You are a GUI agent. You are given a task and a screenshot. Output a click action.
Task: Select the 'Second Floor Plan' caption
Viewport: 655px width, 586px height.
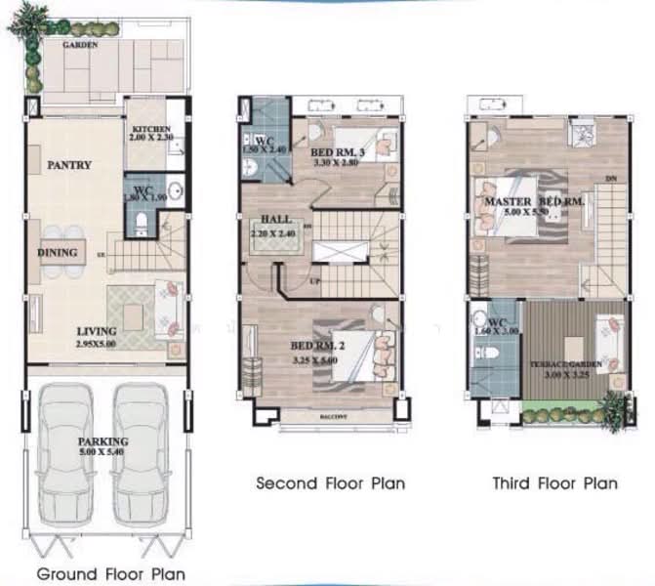(x=330, y=482)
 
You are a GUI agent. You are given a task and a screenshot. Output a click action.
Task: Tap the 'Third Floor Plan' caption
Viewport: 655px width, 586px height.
(x=553, y=482)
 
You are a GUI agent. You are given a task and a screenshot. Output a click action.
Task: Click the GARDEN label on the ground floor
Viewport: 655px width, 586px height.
(x=79, y=45)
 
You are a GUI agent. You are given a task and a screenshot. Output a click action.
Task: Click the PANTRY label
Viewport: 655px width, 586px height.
(x=69, y=165)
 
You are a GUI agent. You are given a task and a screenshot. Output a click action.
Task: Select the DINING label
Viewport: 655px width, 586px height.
(x=58, y=253)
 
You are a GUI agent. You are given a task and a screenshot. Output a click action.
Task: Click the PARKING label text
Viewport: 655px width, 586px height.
(x=103, y=441)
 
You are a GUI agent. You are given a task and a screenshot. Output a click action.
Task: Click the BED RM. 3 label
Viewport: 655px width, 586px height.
(x=336, y=153)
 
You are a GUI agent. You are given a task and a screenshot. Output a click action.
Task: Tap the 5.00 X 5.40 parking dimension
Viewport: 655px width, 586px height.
(x=103, y=452)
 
